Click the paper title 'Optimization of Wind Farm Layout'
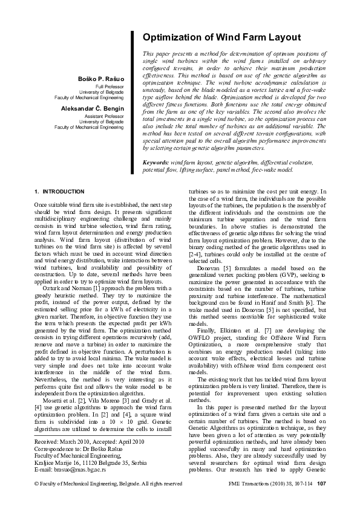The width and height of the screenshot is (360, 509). (221, 37)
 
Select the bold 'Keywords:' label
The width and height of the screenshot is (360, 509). (155, 163)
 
